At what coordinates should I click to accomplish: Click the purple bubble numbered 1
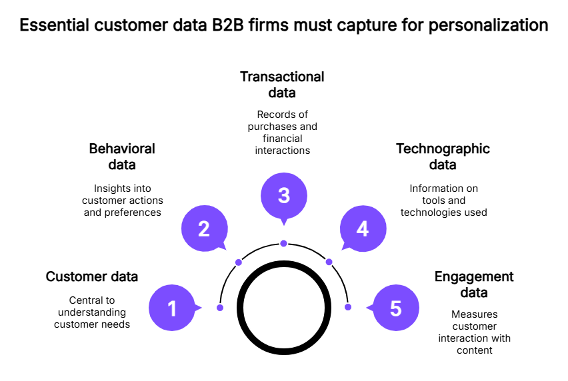pyautogui.click(x=172, y=308)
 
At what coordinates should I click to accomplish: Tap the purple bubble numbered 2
pyautogui.click(x=205, y=229)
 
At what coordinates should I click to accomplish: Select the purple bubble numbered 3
pyautogui.click(x=283, y=196)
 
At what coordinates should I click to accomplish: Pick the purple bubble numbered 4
pyautogui.click(x=363, y=229)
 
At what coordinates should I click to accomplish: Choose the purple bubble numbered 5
pyautogui.click(x=395, y=308)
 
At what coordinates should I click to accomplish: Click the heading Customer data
pyautogui.click(x=91, y=276)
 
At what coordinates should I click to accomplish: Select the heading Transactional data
pyautogui.click(x=282, y=85)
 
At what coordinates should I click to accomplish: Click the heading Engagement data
pyautogui.click(x=474, y=284)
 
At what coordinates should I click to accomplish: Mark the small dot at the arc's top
pyautogui.click(x=283, y=243)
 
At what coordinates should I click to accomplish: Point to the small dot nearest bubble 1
pyautogui.click(x=219, y=307)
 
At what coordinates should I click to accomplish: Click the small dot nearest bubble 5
pyautogui.click(x=347, y=307)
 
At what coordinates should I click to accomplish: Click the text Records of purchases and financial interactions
pyautogui.click(x=282, y=132)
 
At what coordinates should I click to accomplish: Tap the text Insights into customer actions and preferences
pyautogui.click(x=122, y=200)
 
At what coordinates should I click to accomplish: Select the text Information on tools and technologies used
pyautogui.click(x=443, y=200)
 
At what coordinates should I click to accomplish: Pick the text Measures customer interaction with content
pyautogui.click(x=474, y=332)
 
